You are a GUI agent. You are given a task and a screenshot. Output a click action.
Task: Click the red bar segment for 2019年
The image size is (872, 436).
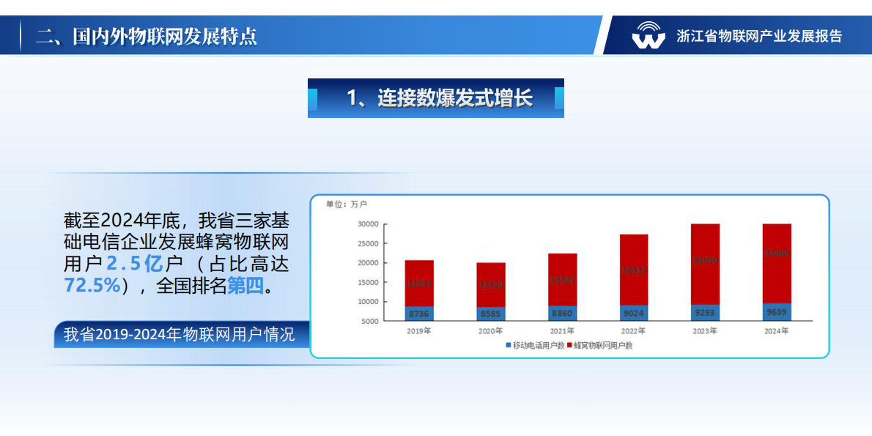[x=419, y=283]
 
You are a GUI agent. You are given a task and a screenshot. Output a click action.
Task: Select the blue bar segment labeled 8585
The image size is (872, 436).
[x=491, y=314]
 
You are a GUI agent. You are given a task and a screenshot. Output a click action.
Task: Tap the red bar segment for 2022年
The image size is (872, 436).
[x=634, y=269]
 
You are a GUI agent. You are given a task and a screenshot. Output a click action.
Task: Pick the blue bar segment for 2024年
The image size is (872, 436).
[x=777, y=312]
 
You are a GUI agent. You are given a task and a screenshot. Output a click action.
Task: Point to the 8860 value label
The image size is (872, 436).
[x=562, y=314]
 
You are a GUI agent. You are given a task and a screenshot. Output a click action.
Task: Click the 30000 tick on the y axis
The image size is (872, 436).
[x=368, y=224]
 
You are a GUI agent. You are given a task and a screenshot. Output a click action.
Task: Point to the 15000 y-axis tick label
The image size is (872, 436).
[x=368, y=282]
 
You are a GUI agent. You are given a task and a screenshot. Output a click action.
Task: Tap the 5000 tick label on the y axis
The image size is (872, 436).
[x=370, y=321]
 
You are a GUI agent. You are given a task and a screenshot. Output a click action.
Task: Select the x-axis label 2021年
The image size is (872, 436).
[x=562, y=330]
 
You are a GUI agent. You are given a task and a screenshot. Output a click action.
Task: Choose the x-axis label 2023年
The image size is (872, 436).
[x=705, y=330]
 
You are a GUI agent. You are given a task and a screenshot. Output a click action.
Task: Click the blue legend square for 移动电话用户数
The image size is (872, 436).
[x=508, y=345]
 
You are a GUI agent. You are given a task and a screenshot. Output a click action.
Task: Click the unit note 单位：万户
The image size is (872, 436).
[x=347, y=204]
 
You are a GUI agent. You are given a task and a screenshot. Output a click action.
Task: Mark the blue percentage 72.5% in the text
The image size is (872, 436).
[x=92, y=285]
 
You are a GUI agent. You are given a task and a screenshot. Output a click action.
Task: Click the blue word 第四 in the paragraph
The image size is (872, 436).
[x=245, y=285]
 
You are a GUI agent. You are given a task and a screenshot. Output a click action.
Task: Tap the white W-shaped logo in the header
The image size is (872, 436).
[x=649, y=35]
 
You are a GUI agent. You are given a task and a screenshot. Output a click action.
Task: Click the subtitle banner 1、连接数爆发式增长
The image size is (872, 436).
[x=436, y=98]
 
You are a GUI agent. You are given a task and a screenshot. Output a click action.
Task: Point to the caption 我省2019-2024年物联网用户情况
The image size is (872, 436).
[x=180, y=335]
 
